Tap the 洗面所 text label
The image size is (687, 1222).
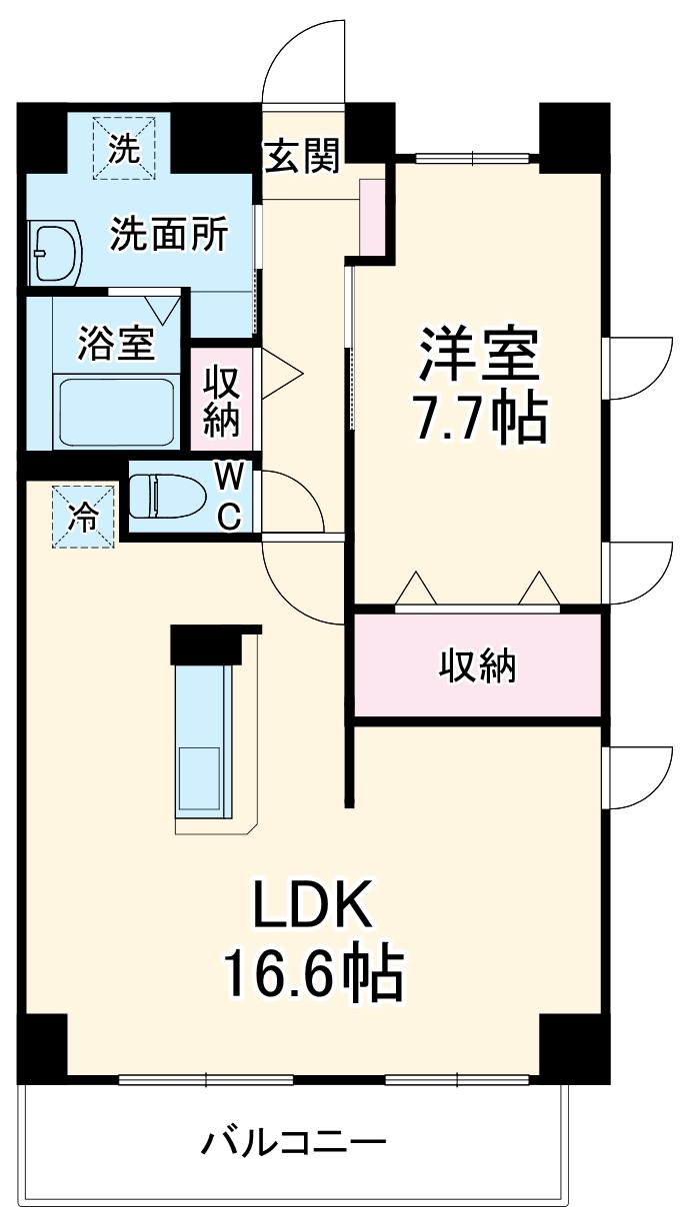(169, 235)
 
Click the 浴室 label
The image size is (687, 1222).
(116, 344)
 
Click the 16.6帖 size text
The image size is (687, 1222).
(312, 973)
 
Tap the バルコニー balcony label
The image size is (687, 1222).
(293, 1141)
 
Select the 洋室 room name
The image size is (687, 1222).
(480, 353)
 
